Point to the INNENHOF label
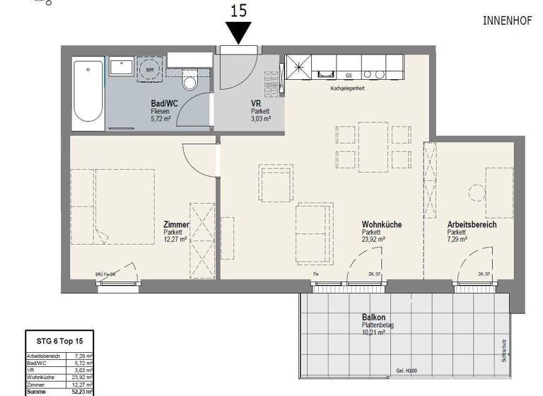(506, 21)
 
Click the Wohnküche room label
(382, 224)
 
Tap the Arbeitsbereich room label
(472, 224)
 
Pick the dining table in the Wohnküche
(373, 147)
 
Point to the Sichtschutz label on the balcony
(503, 349)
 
